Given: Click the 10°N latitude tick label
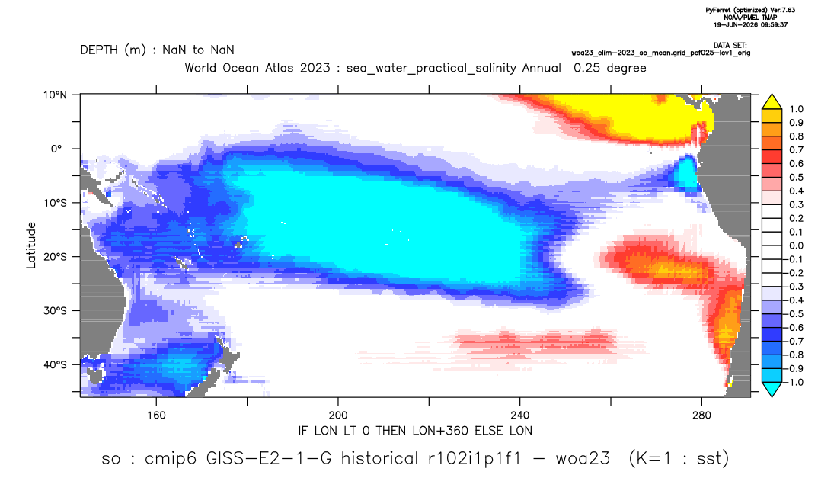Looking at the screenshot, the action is pos(55,95).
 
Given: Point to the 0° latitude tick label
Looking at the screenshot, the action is pos(56,149).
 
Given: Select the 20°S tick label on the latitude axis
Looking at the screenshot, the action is pos(55,257).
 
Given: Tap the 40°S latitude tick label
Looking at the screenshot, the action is pos(55,364).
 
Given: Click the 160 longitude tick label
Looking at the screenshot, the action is pos(156,416).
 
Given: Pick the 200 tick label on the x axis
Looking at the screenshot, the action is pos(338,416).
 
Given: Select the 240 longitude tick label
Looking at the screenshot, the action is pos(520,416).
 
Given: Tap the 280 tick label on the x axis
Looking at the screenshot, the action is pos(701,416).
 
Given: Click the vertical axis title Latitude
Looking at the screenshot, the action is pos(31,245).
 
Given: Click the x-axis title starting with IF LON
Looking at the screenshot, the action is pos(415,431).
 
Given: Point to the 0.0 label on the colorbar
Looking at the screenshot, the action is pos(796,245).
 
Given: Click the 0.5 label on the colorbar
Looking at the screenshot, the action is pos(796,178).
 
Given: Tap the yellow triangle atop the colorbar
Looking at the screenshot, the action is pos(772,102).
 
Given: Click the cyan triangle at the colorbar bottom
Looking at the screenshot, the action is pos(772,389).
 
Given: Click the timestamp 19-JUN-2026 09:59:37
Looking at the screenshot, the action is pos(751,24).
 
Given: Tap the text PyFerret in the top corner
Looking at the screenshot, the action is pos(717,11).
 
